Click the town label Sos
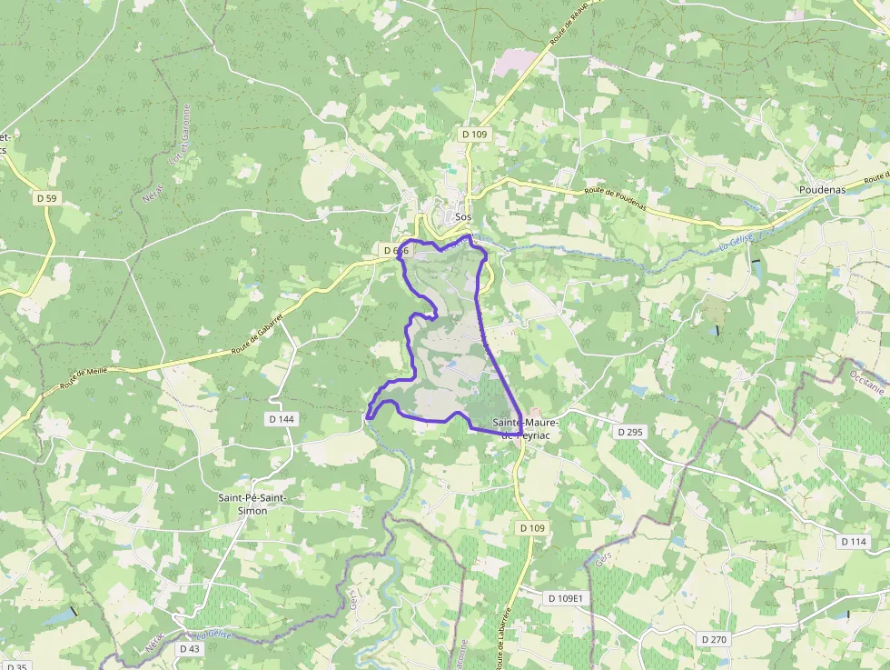pos(463,217)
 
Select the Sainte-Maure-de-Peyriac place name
pos(526,429)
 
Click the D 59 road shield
pos(47,197)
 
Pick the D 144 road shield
pos(282,418)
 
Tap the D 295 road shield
pos(629,432)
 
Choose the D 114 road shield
pos(854,541)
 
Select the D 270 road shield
pos(715,639)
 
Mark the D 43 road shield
pos(189,648)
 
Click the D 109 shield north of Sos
pos(475,134)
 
